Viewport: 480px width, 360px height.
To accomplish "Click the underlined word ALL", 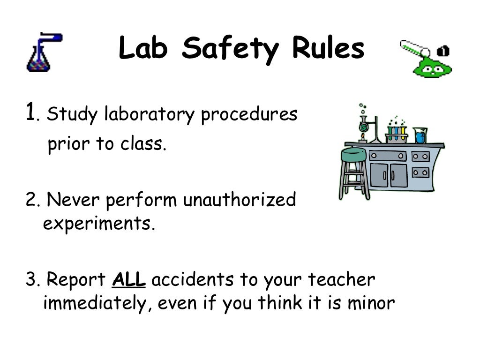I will pyautogui.click(x=129, y=280).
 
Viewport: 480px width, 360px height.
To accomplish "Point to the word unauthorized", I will pyautogui.click(x=239, y=201).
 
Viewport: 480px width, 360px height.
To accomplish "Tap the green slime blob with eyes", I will pyautogui.click(x=431, y=68).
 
